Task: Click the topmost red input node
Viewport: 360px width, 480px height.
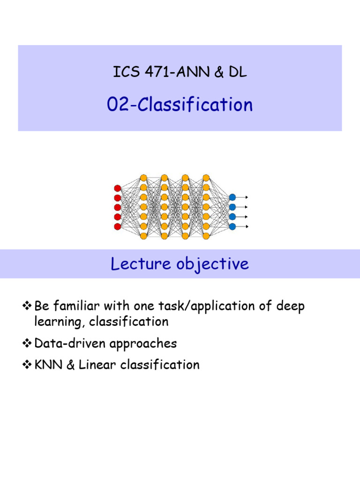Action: [x=118, y=188]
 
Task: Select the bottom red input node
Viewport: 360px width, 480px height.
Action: [x=118, y=226]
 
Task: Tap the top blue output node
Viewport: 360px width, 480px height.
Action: [x=232, y=197]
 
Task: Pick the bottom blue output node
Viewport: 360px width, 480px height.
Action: [x=232, y=226]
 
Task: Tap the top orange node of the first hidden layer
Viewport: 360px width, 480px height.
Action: [x=143, y=178]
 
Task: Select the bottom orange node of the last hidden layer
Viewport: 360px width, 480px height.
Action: [x=206, y=236]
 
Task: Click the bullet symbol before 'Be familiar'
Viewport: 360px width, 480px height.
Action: [x=26, y=307]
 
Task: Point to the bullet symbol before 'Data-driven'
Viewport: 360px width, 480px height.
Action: [x=26, y=344]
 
